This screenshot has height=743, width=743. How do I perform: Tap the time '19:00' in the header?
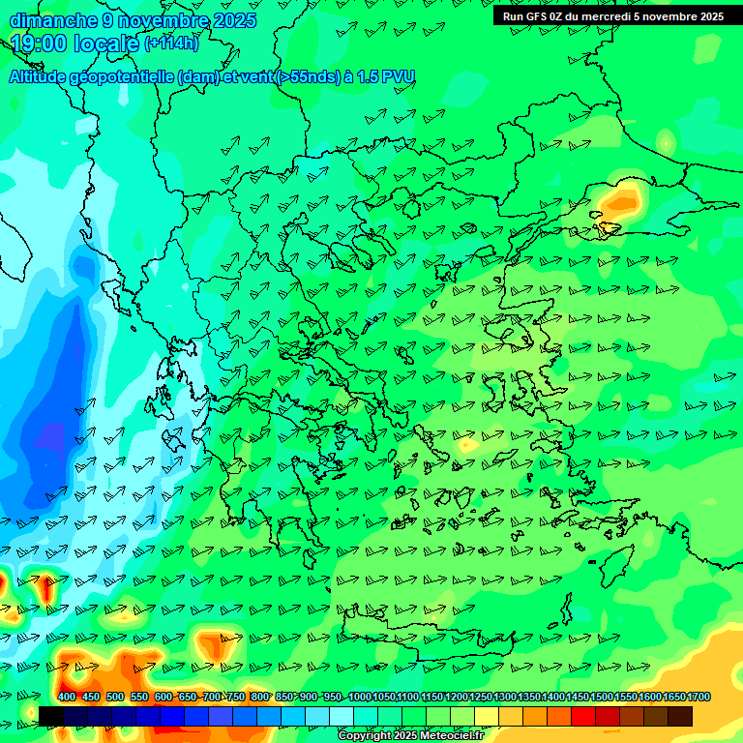[x=40, y=44]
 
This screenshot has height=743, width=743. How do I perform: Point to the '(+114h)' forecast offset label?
[x=171, y=44]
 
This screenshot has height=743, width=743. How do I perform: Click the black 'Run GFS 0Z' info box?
[x=613, y=15]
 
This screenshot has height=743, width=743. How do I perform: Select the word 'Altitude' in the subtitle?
[x=44, y=77]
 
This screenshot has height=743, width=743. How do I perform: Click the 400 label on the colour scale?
[x=67, y=697]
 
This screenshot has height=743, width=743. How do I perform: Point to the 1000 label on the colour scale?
[x=359, y=697]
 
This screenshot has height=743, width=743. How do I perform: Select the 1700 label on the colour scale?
[x=698, y=697]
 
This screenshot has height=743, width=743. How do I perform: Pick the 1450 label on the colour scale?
[x=578, y=697]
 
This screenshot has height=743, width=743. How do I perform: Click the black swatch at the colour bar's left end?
[x=51, y=716]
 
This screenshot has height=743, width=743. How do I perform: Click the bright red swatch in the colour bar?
[x=583, y=716]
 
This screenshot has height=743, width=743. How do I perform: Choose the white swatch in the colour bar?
[x=342, y=716]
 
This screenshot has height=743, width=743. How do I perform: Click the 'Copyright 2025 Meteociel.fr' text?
[x=410, y=736]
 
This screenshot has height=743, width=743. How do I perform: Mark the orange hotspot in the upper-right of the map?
[x=619, y=203]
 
